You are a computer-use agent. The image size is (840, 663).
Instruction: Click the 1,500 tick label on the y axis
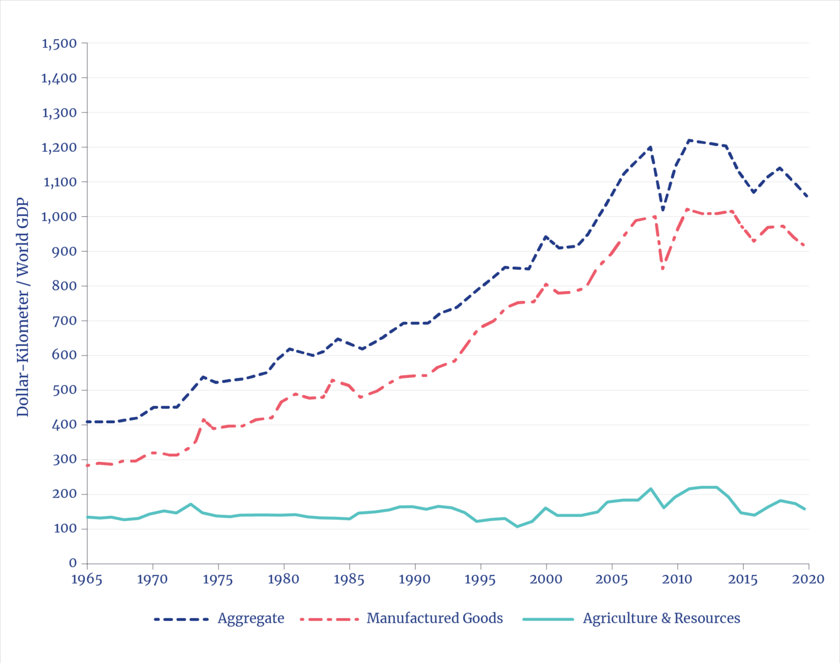(x=59, y=44)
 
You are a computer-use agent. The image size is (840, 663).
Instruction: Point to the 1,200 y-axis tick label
(x=59, y=148)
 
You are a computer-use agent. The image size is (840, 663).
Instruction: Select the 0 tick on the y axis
(x=73, y=563)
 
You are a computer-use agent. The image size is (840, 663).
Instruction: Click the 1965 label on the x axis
(x=87, y=579)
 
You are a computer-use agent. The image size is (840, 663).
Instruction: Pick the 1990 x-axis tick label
(x=414, y=579)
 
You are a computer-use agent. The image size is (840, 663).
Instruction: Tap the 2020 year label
(x=809, y=579)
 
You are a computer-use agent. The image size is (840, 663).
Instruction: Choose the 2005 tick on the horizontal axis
(x=612, y=579)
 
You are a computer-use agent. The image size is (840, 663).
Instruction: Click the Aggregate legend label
(x=251, y=619)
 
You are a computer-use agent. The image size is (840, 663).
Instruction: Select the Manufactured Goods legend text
(x=435, y=619)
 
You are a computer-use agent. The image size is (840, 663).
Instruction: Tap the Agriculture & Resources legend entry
(x=661, y=619)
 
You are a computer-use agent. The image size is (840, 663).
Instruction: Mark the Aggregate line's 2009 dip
(x=663, y=210)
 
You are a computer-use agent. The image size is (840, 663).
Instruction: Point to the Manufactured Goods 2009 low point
(x=663, y=269)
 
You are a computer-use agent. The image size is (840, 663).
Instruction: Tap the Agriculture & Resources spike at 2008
(x=650, y=488)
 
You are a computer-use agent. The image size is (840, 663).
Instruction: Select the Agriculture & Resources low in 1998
(x=519, y=526)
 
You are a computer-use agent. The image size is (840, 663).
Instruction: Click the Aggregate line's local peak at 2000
(x=545, y=237)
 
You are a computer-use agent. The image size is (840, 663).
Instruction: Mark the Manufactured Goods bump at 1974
(x=203, y=419)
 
